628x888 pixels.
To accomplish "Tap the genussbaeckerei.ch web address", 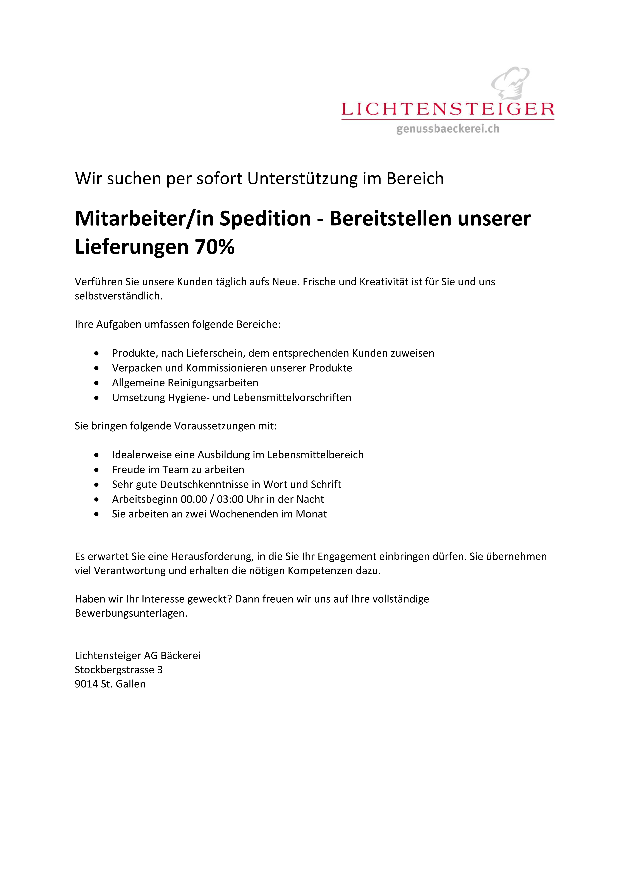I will click(x=447, y=129).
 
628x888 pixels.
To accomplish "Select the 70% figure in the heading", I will click(x=215, y=247).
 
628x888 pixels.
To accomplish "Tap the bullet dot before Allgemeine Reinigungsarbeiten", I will click(x=96, y=383).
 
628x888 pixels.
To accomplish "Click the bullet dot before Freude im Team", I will click(x=96, y=470).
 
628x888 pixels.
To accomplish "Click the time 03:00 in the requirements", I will click(x=230, y=499).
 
